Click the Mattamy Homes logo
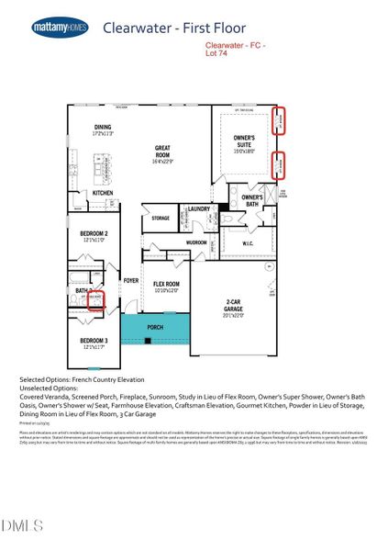60,28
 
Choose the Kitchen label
102,193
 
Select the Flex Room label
165,284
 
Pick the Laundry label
199,209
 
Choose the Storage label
161,218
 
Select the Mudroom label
196,243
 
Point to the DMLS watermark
23,525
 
